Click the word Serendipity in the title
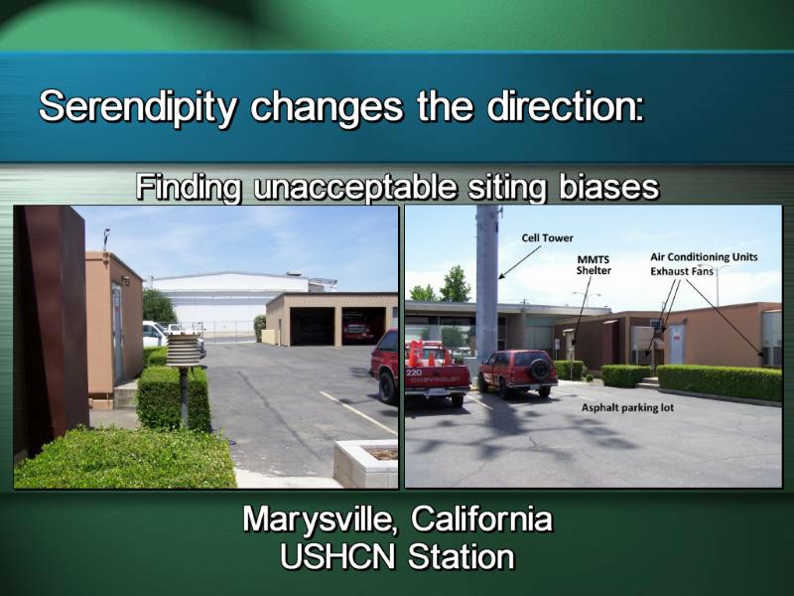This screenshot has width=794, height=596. point(138,107)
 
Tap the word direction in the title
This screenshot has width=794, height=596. point(566,106)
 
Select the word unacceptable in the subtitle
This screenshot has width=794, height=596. point(355,187)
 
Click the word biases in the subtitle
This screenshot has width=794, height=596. point(608,187)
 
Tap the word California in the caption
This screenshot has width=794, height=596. point(481,519)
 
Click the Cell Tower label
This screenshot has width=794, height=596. point(548,237)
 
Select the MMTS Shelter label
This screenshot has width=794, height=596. point(594,265)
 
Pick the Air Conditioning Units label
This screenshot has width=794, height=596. point(704,257)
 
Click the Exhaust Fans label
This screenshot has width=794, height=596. point(682,271)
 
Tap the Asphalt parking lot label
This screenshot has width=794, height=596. point(627,407)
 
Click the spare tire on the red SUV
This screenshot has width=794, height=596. point(540,370)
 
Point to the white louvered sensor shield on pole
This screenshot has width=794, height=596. point(184,350)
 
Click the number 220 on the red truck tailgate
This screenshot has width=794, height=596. point(414,372)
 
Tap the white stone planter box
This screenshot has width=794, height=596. point(365,463)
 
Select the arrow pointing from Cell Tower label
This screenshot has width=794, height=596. point(520,262)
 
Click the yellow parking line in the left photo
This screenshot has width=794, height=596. point(358,413)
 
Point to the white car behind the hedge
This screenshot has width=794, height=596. point(155,335)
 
